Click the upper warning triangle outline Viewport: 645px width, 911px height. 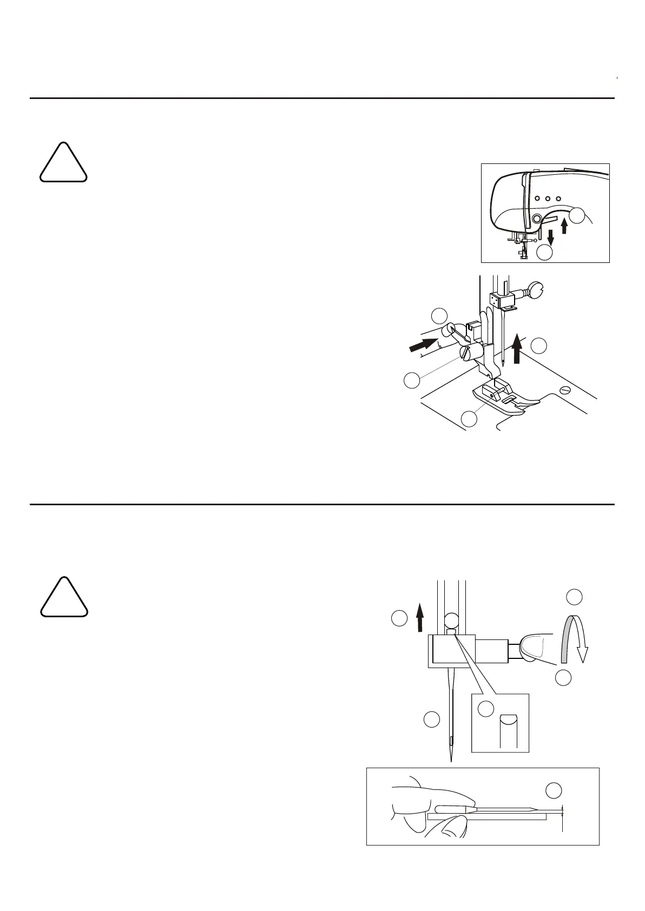point(63,162)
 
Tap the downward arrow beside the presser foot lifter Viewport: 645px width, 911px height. point(551,236)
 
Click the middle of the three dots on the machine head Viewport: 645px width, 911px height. point(548,199)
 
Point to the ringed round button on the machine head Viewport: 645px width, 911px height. point(536,219)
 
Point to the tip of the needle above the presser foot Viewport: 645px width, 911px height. point(503,367)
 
